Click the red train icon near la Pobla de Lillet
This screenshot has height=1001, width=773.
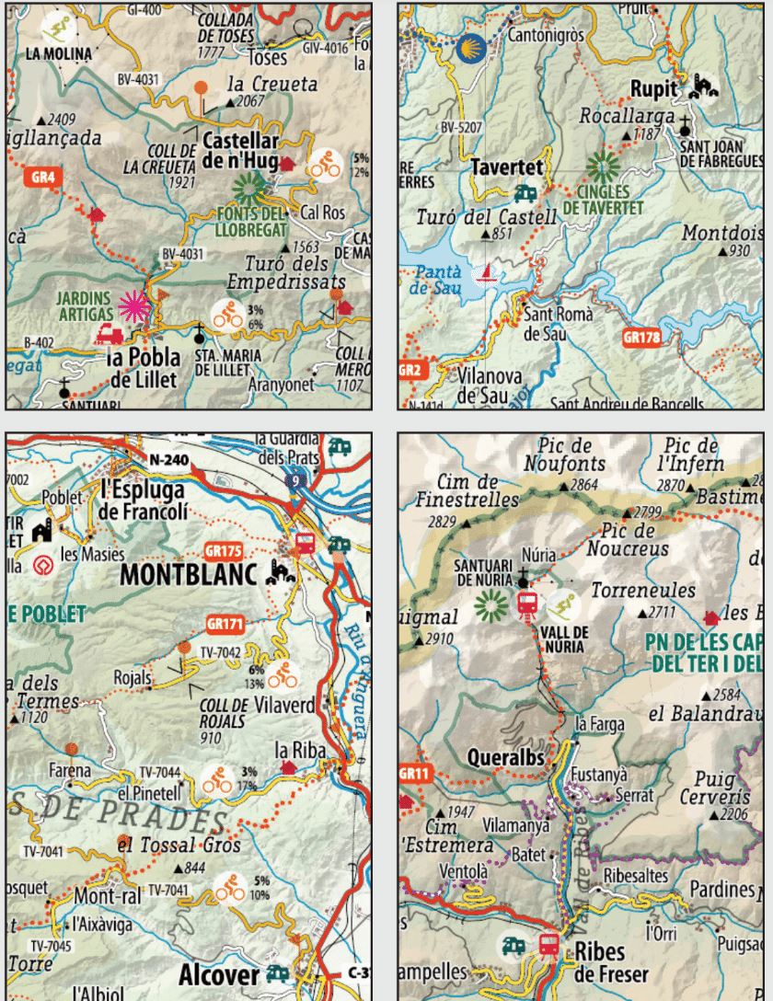(x=110, y=333)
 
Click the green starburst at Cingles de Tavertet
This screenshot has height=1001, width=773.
(x=604, y=167)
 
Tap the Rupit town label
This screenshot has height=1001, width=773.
(x=653, y=89)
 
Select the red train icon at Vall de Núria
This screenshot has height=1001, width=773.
(x=528, y=604)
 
